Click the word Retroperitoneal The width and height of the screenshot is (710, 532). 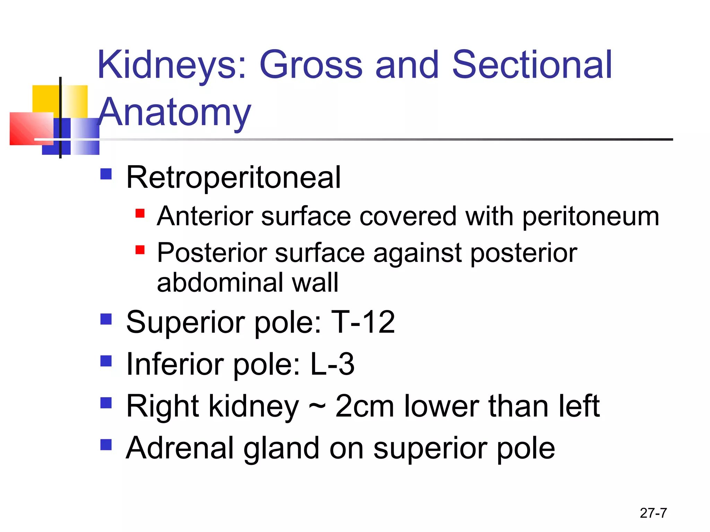233,177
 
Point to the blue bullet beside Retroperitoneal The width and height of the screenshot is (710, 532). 106,174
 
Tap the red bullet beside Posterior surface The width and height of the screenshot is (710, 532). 140,250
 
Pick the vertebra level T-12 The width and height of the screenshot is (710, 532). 363,322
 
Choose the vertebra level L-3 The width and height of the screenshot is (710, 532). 332,364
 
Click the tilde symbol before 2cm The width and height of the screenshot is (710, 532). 317,406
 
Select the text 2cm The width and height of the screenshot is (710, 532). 364,406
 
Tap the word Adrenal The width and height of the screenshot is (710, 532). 180,448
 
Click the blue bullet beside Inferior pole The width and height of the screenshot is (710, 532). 106,361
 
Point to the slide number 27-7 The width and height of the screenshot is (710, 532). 653,513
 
